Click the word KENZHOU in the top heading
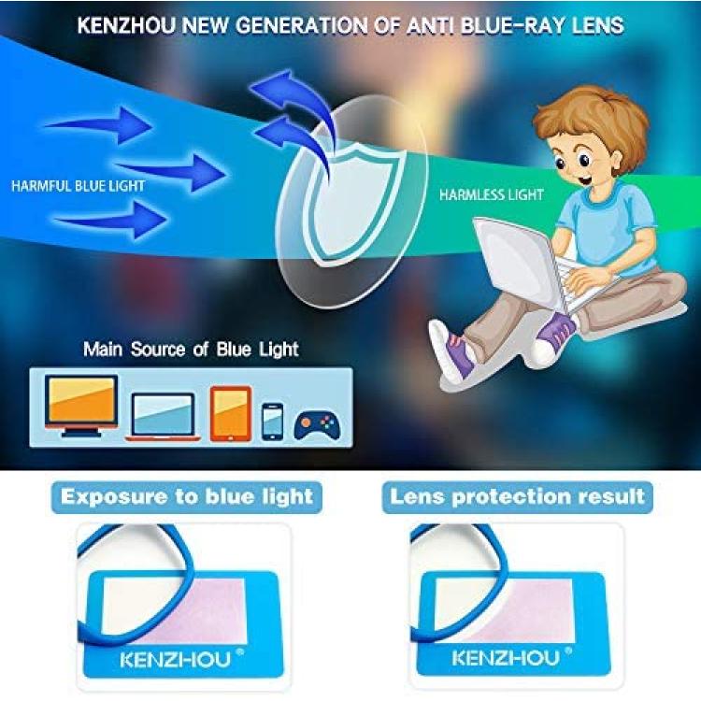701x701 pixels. (x=126, y=25)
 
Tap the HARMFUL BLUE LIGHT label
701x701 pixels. (x=79, y=186)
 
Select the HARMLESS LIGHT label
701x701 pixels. (x=491, y=195)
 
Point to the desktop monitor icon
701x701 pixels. (x=81, y=406)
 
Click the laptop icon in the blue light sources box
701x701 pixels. (x=163, y=417)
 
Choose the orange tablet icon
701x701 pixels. (x=231, y=413)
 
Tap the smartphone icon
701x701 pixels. (x=272, y=422)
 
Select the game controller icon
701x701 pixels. (x=317, y=426)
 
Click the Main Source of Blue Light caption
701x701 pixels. (x=191, y=350)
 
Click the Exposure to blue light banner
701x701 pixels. (x=187, y=497)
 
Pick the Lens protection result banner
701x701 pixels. (x=517, y=497)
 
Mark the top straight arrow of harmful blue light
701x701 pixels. (x=99, y=125)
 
